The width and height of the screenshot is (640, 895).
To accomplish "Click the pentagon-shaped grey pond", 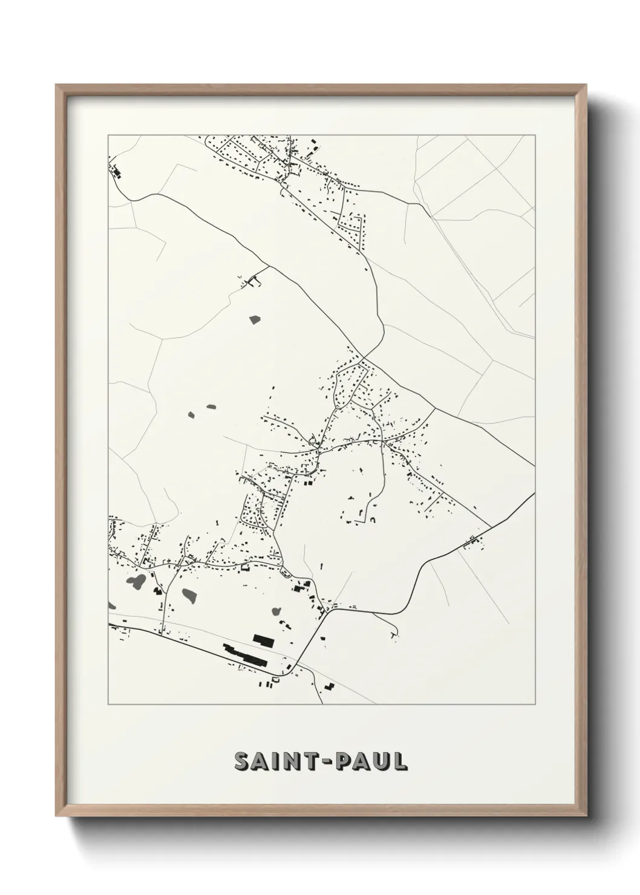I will point(253,319).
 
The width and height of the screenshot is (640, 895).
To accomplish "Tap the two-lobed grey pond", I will point(136,581).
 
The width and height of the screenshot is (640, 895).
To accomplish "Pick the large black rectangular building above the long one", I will point(263,639).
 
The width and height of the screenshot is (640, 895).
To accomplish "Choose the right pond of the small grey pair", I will point(211,407).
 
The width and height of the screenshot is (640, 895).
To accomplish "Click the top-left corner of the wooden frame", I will point(57,85).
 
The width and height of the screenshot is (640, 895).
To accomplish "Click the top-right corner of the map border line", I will point(535,135).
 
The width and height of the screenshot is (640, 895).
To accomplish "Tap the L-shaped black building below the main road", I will point(329,687).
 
